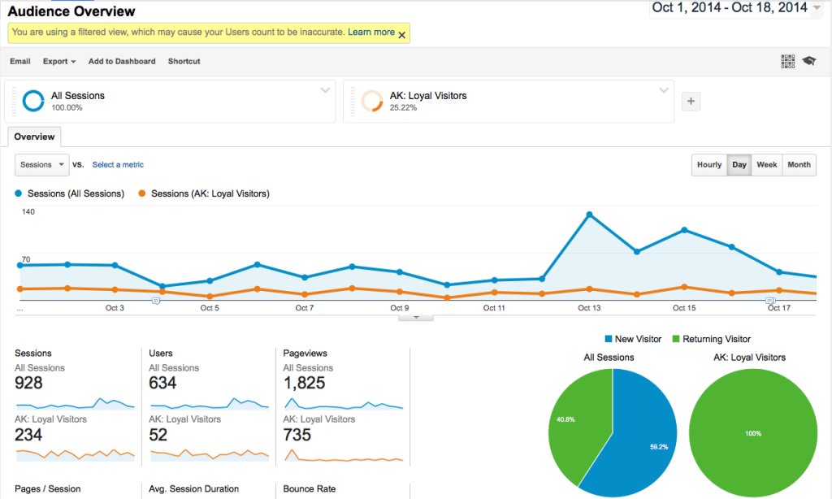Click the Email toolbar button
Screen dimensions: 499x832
point(20,61)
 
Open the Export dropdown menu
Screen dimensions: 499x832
point(59,61)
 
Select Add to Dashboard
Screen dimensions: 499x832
point(122,61)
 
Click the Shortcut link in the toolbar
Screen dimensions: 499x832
point(184,61)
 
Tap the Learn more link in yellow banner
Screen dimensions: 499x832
point(371,33)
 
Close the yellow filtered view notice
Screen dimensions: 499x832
point(401,34)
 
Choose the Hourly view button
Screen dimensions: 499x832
point(709,164)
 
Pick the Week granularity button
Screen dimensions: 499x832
point(767,164)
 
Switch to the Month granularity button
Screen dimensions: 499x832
point(799,164)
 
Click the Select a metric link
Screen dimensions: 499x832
point(118,165)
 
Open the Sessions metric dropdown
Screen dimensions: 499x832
point(41,165)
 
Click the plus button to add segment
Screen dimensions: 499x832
point(691,102)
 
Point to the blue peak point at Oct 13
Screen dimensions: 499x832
point(589,215)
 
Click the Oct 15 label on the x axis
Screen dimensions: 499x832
point(684,308)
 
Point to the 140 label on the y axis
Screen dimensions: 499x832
point(28,211)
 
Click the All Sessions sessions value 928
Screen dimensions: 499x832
point(29,384)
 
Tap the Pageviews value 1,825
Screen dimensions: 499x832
point(305,384)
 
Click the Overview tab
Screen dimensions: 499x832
point(34,137)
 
